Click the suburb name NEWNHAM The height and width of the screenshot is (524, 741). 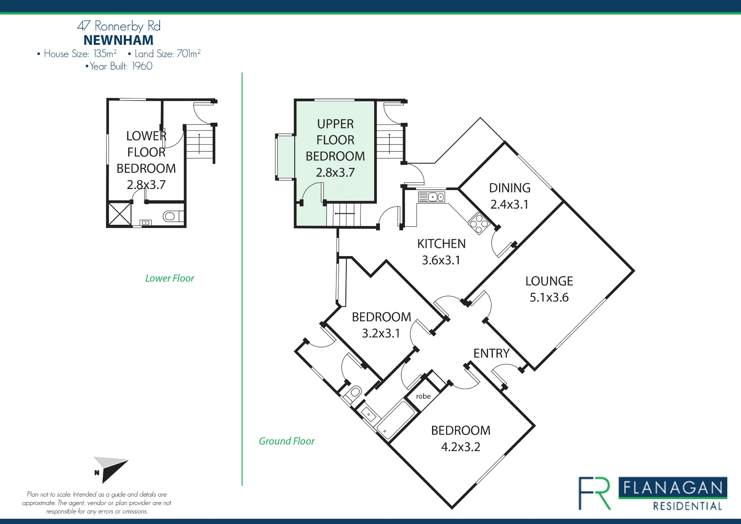(119, 40)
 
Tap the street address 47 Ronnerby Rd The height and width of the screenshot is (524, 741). (119, 26)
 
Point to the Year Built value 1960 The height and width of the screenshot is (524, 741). (142, 66)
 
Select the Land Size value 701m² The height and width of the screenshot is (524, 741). (189, 53)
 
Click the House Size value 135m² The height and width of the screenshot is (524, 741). (105, 53)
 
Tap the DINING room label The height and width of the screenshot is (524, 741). (510, 188)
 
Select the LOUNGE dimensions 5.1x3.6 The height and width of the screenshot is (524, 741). (549, 297)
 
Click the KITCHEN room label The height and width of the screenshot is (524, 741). (441, 243)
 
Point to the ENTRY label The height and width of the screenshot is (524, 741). (492, 353)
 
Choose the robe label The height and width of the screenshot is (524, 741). (423, 396)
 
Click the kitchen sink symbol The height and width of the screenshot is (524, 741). (432, 197)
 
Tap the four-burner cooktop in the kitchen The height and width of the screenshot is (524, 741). (479, 223)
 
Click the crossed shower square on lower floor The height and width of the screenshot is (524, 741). (120, 214)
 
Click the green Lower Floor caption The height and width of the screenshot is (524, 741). (170, 278)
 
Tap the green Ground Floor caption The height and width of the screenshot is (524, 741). (287, 441)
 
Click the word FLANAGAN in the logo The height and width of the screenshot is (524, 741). (673, 488)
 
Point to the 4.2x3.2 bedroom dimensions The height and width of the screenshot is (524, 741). (461, 447)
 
